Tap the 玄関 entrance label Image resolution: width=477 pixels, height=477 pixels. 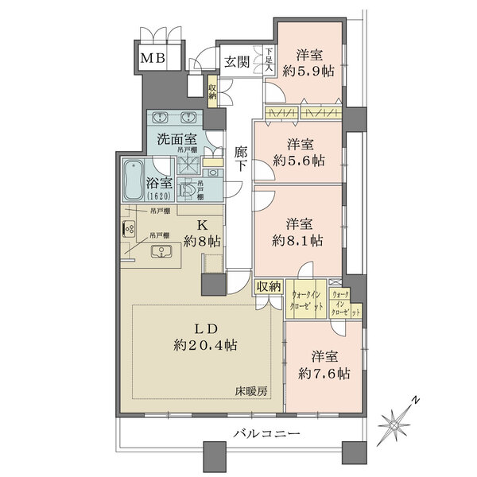pos(237,62)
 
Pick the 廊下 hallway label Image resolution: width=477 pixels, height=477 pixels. pos(241,159)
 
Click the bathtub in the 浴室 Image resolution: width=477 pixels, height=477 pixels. pos(133,181)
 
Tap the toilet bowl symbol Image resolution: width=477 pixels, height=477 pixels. pos(188,188)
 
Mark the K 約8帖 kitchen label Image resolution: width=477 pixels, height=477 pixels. pos(202,231)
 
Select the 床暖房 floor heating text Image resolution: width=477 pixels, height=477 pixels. pos(252,391)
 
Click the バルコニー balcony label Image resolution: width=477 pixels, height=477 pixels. pos(266,434)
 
